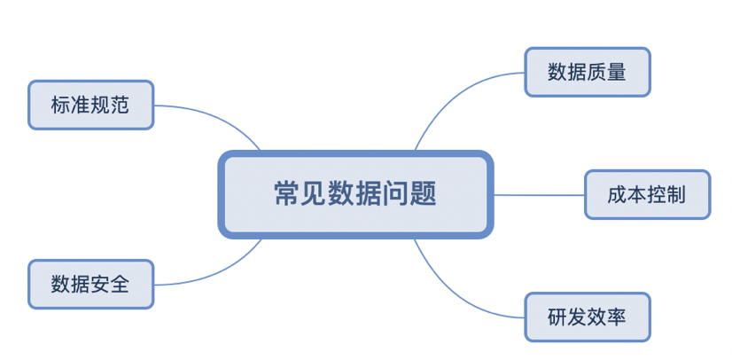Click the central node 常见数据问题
pyautogui.click(x=355, y=194)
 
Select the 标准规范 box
pyautogui.click(x=90, y=105)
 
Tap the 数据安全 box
pyautogui.click(x=90, y=284)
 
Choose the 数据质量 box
pyautogui.click(x=587, y=72)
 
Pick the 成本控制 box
pyautogui.click(x=647, y=194)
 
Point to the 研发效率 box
pyautogui.click(x=587, y=317)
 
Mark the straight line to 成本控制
pyautogui.click(x=539, y=194)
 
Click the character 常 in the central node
pyautogui.click(x=285, y=194)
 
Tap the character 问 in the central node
pyautogui.click(x=397, y=194)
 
